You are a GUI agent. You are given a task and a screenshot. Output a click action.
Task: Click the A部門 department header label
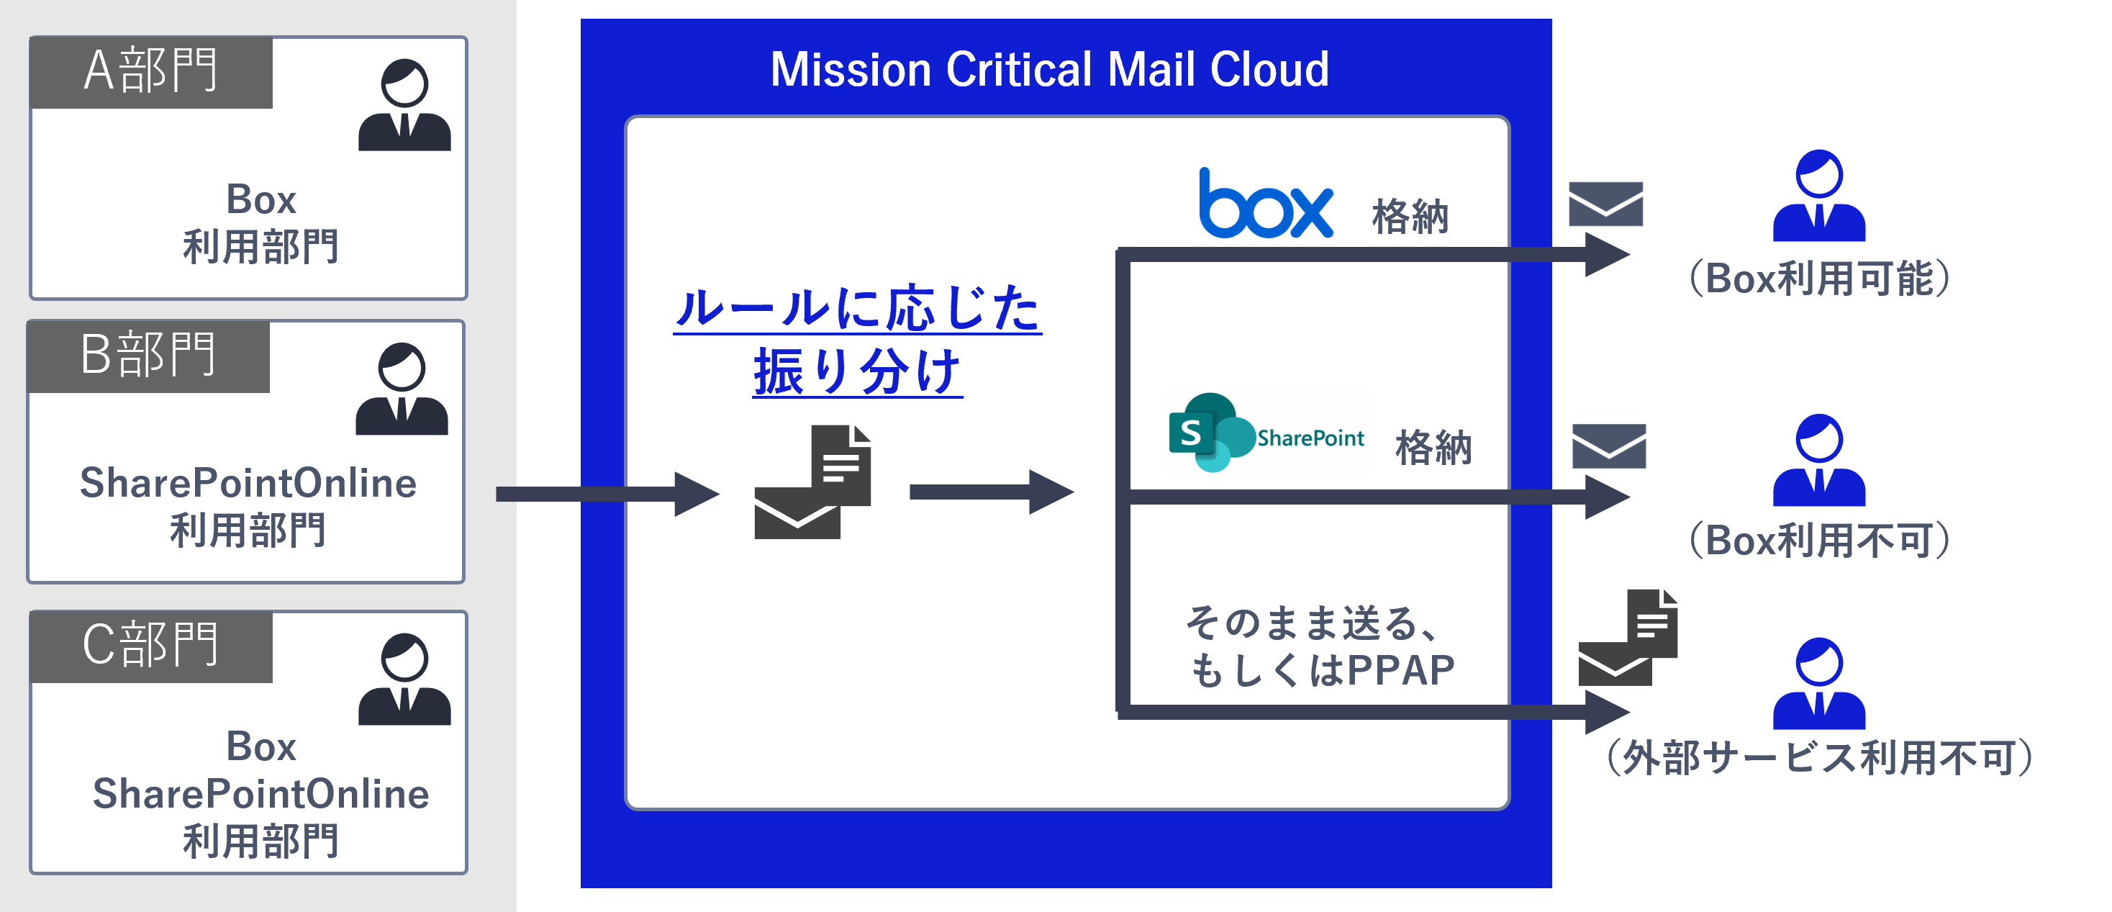coord(151,71)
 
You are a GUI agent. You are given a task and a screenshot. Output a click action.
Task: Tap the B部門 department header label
coord(148,355)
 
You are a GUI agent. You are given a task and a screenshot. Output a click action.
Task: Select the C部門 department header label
coord(151,646)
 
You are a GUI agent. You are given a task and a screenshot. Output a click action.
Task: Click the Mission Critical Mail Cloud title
coord(1048,70)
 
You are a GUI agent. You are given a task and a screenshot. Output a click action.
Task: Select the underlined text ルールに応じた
coord(857,310)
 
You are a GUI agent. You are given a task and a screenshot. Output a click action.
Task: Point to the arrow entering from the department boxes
coord(607,494)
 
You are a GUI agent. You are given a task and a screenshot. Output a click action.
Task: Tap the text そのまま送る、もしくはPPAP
coord(1320,646)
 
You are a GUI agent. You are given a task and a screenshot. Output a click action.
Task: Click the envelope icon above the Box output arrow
coord(1605,204)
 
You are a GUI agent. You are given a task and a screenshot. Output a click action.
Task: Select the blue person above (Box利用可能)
coord(1818,197)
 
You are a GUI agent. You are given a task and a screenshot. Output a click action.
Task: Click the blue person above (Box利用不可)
coord(1818,461)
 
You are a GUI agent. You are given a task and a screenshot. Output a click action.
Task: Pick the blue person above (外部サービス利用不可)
coord(1818,684)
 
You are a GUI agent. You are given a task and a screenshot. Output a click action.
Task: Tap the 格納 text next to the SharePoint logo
coord(1433,448)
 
